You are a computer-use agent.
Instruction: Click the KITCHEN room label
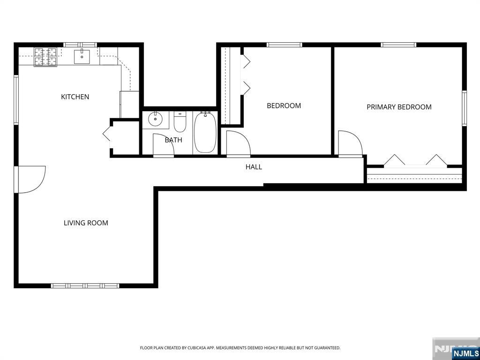pyautogui.click(x=75, y=97)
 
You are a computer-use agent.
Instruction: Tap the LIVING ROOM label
pyautogui.click(x=86, y=223)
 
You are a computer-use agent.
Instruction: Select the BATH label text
pyautogui.click(x=173, y=140)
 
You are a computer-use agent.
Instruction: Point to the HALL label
pyautogui.click(x=254, y=167)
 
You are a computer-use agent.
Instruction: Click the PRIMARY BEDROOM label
pyautogui.click(x=399, y=107)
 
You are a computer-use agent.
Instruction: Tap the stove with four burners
pyautogui.click(x=45, y=57)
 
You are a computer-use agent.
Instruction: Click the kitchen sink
pyautogui.click(x=82, y=56)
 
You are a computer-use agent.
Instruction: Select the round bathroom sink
pyautogui.click(x=155, y=119)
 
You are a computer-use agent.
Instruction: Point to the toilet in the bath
pyautogui.click(x=180, y=121)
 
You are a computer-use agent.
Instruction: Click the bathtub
pyautogui.click(x=205, y=132)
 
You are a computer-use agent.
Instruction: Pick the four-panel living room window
pyautogui.click(x=85, y=285)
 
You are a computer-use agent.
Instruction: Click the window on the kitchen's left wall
pyautogui.click(x=16, y=100)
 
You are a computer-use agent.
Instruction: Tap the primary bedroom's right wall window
pyautogui.click(x=464, y=108)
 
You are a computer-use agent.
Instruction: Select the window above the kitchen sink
pyautogui.click(x=80, y=45)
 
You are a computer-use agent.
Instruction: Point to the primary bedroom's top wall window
pyautogui.click(x=398, y=45)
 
